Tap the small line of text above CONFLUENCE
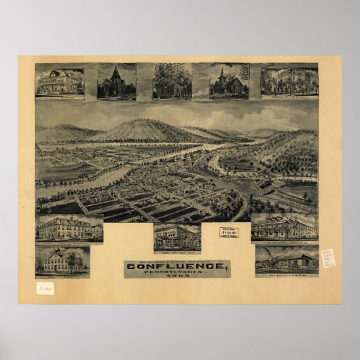[x=177, y=260]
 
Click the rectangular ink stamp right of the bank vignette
[x=229, y=232]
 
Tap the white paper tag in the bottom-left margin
[x=45, y=287]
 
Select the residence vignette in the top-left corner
[x=60, y=82]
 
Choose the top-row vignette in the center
[x=172, y=82]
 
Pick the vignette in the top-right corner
[x=289, y=82]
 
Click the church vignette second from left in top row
[x=116, y=82]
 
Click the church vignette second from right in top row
[x=228, y=82]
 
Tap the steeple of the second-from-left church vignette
[x=115, y=69]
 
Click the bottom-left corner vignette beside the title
[x=62, y=261]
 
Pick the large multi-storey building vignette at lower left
[x=69, y=229]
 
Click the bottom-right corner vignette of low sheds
[x=286, y=259]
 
